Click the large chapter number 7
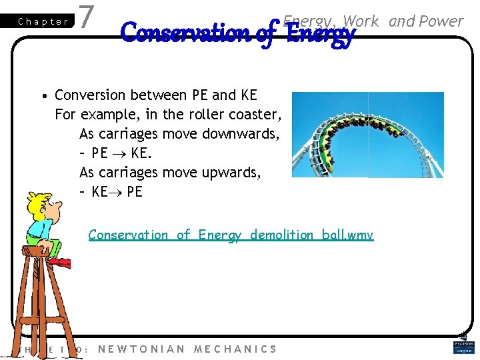tap(85, 17)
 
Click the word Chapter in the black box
tap(43, 21)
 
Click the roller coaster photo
tap(367, 135)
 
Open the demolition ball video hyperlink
tap(231, 235)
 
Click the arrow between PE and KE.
tap(120, 154)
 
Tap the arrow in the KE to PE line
tap(117, 193)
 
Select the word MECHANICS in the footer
tap(235, 349)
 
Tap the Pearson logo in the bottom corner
tap(463, 347)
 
